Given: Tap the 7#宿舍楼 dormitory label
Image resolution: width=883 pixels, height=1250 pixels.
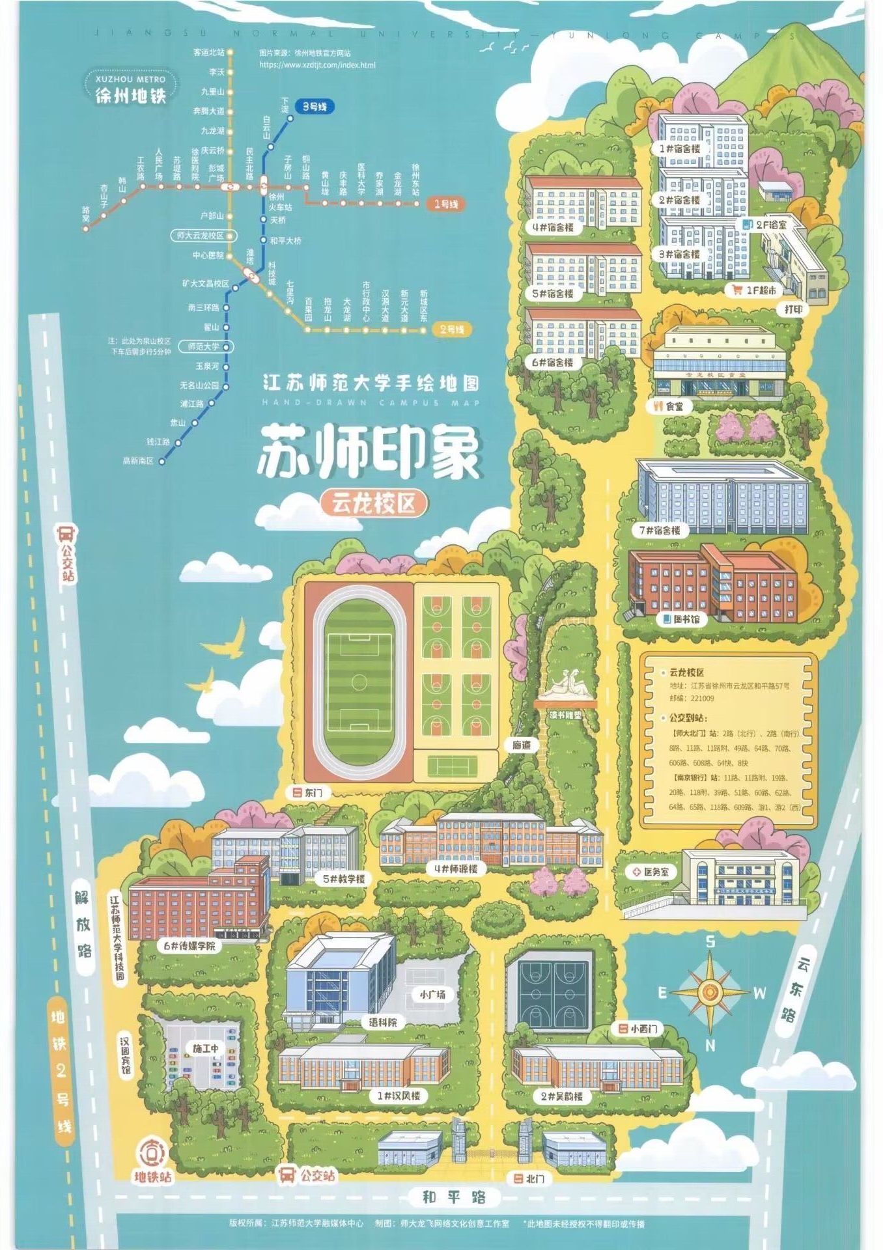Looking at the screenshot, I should click(659, 531).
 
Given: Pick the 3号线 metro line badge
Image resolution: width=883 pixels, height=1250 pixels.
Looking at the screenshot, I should click(315, 107).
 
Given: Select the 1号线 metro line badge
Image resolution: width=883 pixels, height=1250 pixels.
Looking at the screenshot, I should click(447, 204).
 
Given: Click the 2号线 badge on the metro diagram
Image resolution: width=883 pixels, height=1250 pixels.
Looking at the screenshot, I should click(452, 329).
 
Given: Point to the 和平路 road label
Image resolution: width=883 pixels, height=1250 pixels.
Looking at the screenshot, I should click(454, 1197).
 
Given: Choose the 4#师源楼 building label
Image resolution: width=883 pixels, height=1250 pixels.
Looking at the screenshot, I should click(456, 868).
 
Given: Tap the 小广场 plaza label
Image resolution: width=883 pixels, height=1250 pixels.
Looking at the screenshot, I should click(432, 995).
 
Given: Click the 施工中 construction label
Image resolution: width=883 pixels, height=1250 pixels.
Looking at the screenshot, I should click(206, 1048).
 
